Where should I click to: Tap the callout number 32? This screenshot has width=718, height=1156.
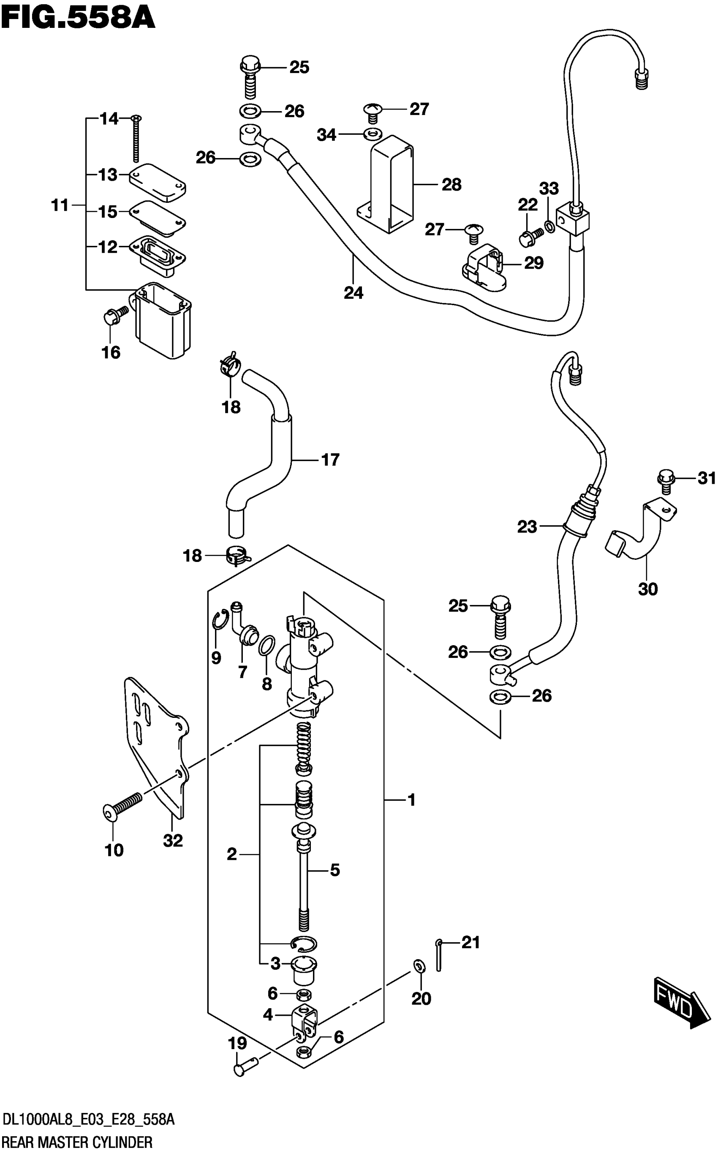click(173, 841)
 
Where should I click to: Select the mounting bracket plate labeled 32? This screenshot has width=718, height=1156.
click(157, 746)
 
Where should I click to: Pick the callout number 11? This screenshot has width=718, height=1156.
click(60, 206)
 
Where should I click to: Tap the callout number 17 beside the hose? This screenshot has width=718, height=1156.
click(331, 460)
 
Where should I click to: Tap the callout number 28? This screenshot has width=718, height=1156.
click(451, 185)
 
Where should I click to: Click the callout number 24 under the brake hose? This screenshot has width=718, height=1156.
click(354, 293)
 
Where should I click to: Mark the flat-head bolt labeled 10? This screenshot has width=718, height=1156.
click(122, 806)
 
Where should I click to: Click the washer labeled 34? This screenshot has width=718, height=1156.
click(372, 134)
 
